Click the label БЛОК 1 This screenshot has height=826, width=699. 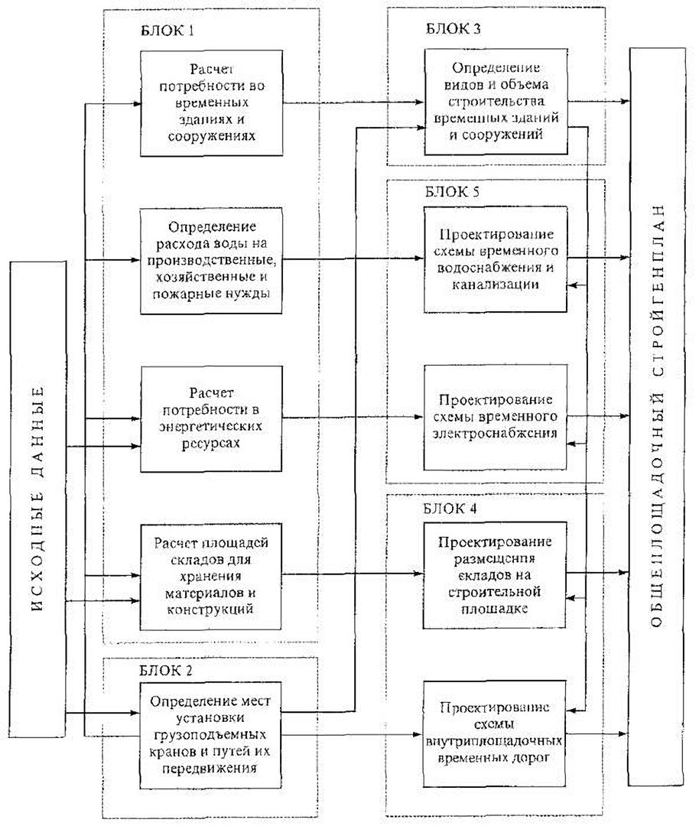point(167,31)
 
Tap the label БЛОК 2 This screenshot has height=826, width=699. point(167,671)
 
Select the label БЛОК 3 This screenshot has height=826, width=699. point(453,28)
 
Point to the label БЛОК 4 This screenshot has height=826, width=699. point(450,509)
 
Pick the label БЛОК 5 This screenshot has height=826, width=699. point(453,191)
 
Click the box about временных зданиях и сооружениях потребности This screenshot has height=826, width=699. point(212,103)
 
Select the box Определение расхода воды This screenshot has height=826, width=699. point(211,261)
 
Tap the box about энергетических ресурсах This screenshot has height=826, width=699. point(211,419)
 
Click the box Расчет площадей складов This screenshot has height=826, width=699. point(211,577)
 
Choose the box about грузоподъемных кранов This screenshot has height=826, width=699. point(211,735)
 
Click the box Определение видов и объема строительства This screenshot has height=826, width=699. point(496,102)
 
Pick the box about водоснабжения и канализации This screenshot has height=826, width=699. point(496,259)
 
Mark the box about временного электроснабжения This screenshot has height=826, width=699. point(495,418)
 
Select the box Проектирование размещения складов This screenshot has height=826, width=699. point(495,575)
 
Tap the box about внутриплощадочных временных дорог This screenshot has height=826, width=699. point(495,733)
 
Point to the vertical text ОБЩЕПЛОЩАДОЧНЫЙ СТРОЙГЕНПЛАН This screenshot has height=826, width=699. point(657,415)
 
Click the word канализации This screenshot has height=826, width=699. point(495,285)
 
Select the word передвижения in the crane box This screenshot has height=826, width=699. point(210,768)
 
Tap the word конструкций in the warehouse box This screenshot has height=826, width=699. point(210,610)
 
